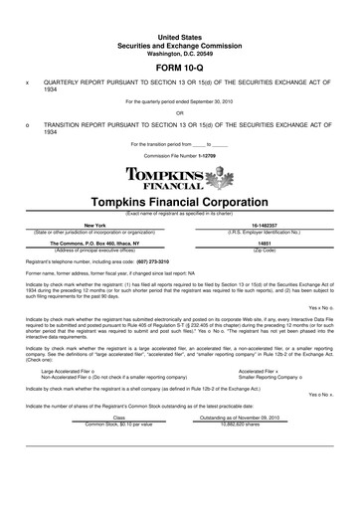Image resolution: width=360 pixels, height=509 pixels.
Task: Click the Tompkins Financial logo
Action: (x=180, y=179)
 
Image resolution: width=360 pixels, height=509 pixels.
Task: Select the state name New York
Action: (x=94, y=226)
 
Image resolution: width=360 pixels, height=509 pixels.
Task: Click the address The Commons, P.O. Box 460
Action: (x=94, y=244)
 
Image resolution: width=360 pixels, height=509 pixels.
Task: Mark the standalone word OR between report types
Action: (x=180, y=112)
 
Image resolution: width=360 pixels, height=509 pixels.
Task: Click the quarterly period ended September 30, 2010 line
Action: (x=180, y=100)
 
